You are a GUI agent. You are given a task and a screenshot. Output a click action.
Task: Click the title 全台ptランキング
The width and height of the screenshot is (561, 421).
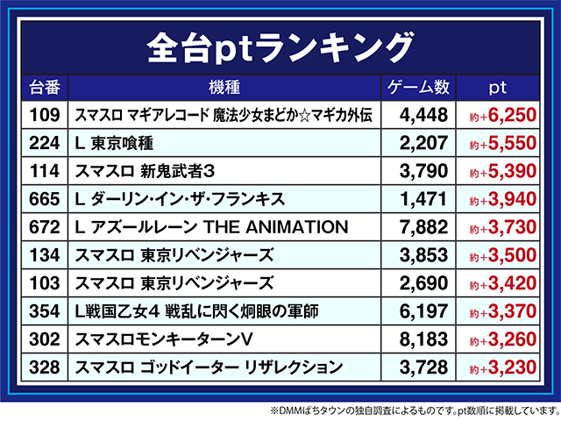coord(280,44)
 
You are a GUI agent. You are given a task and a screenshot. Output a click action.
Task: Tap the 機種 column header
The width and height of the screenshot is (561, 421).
coord(225,88)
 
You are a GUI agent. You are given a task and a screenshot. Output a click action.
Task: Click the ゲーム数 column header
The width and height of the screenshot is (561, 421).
coord(418,88)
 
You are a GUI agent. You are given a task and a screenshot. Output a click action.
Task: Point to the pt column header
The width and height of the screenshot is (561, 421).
coord(497,88)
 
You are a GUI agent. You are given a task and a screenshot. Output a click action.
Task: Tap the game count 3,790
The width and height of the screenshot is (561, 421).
coord(423,171)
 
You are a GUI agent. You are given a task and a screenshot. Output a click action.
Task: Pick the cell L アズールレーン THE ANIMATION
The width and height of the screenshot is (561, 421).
coord(212,228)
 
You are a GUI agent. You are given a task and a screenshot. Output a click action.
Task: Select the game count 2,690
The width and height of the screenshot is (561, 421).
coord(423,284)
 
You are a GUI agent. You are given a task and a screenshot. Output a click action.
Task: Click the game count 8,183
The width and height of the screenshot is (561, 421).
coord(423,340)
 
